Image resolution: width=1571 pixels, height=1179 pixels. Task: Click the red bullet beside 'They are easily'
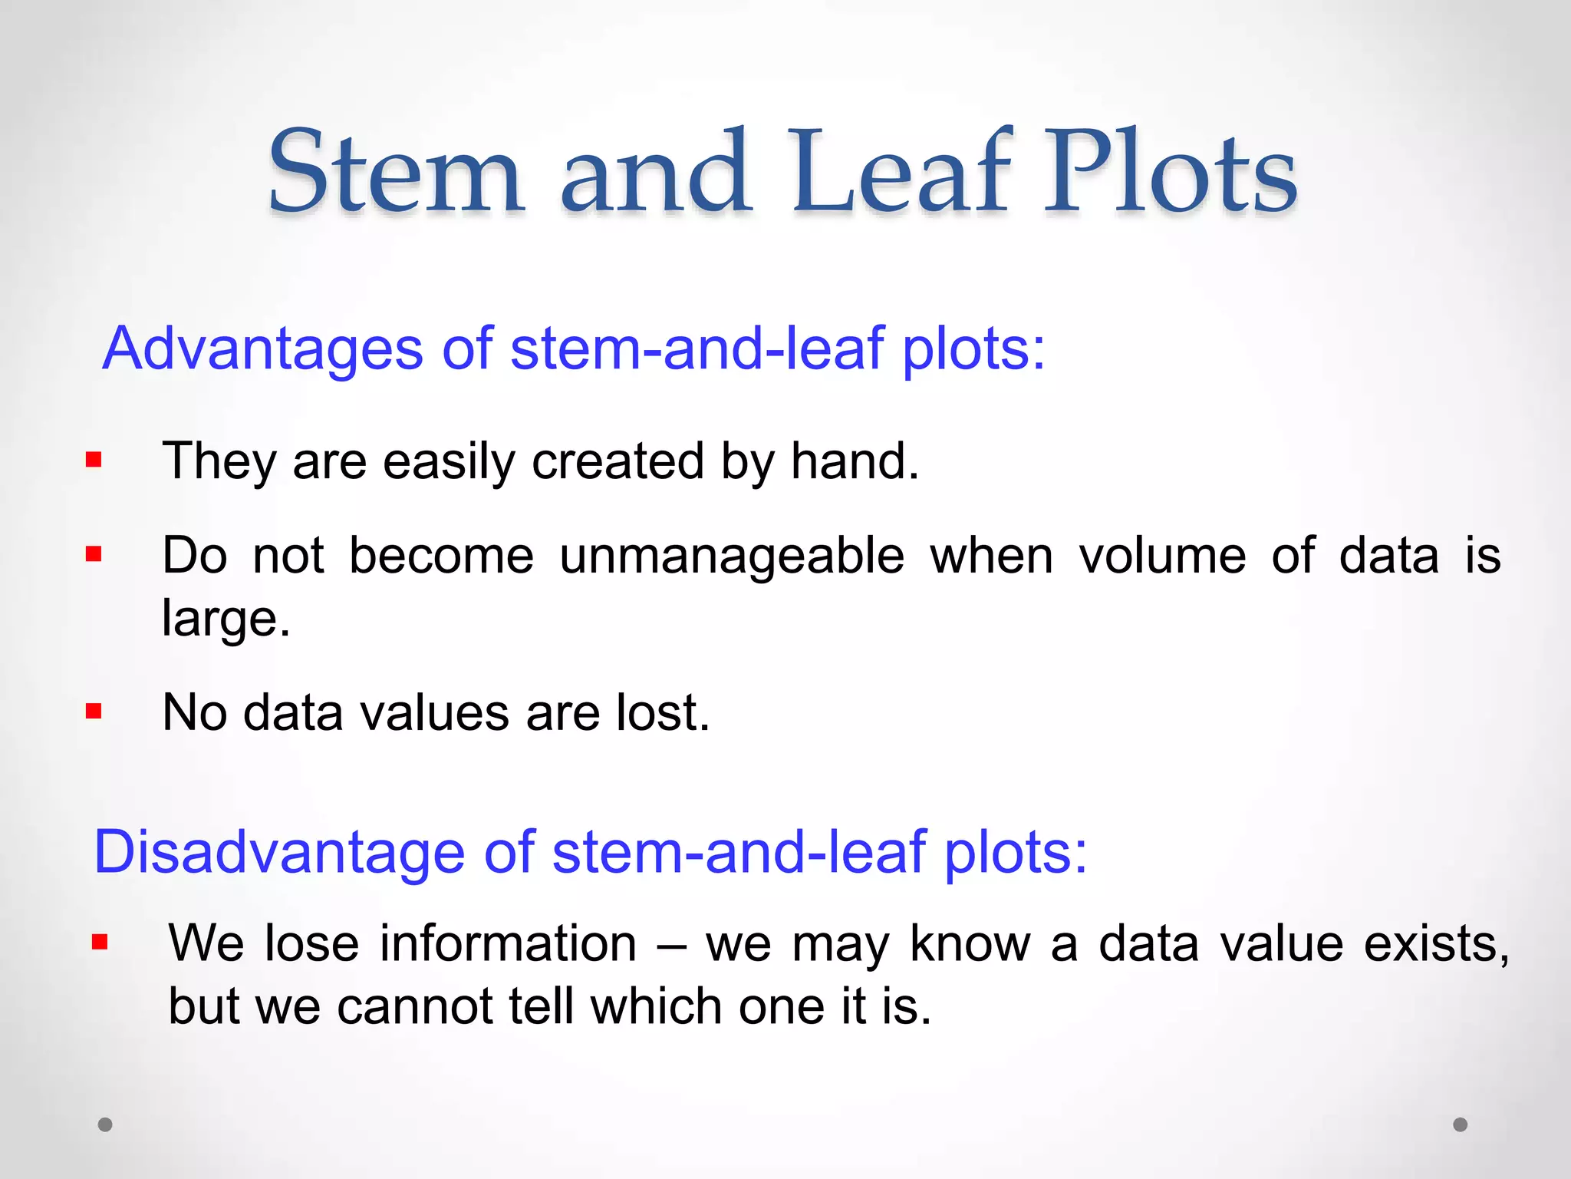point(94,461)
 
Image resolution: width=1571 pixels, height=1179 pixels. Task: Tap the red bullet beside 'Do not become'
point(94,554)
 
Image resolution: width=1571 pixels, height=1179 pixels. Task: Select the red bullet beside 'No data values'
point(94,712)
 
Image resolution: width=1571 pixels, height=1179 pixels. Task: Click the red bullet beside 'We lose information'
point(100,942)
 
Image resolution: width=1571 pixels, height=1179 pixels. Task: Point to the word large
point(225,619)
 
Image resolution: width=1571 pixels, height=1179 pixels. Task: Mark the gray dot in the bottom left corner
point(105,1125)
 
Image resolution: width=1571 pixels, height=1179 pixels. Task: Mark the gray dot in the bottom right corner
point(1461,1125)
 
